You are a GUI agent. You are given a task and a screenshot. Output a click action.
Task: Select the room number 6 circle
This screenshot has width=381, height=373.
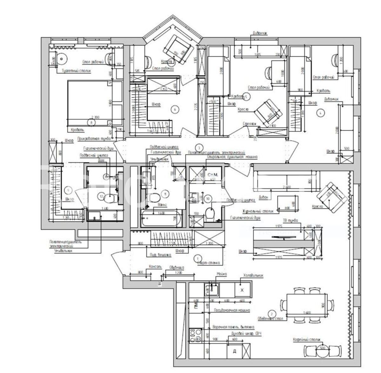coord(175,109)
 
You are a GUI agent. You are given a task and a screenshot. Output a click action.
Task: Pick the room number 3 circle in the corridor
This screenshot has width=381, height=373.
coord(199,147)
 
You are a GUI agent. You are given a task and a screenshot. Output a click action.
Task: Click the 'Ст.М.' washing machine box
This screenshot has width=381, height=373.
coord(212,175)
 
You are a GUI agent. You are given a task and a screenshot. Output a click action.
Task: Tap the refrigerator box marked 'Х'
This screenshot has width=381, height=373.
coord(242,290)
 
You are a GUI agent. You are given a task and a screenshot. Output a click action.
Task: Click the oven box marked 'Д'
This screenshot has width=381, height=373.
coord(235,351)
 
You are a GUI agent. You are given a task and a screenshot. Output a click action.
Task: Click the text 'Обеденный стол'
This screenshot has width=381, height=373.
coord(270,318)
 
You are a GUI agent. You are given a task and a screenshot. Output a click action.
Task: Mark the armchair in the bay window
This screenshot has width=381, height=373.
coord(178,49)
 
